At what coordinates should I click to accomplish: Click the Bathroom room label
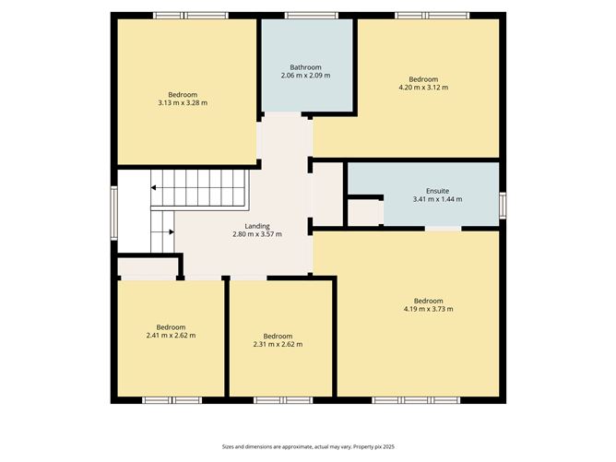click(x=305, y=66)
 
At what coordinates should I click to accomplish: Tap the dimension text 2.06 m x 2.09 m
click(x=305, y=76)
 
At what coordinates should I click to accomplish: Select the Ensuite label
click(x=425, y=190)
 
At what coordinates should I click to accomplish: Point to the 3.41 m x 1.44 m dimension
click(x=425, y=198)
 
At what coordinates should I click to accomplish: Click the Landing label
click(x=257, y=226)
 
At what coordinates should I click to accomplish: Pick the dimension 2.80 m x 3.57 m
click(x=257, y=234)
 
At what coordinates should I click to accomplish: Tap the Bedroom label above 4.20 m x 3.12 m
click(x=423, y=79)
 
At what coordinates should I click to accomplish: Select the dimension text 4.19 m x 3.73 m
click(x=428, y=309)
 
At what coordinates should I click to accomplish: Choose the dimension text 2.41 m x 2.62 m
click(x=171, y=336)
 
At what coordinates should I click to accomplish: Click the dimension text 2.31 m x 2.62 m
click(x=278, y=344)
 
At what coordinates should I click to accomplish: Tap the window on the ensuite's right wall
click(x=503, y=204)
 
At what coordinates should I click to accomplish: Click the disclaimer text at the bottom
click(x=307, y=445)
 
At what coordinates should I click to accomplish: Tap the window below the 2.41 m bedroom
click(x=172, y=400)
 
